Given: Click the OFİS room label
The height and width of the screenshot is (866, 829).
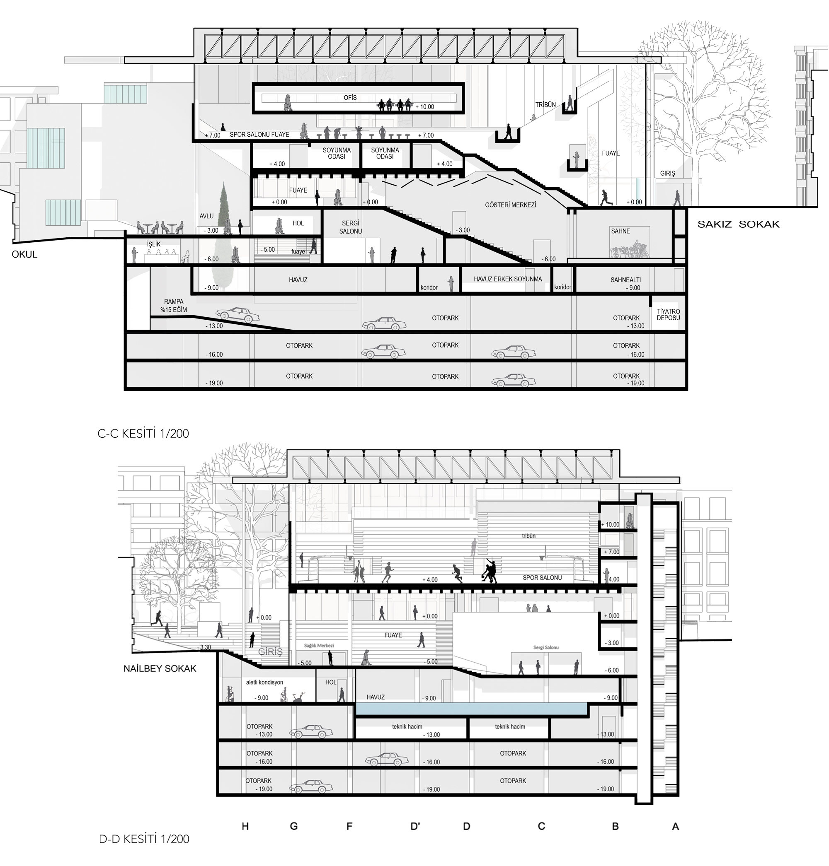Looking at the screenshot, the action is tap(350, 98).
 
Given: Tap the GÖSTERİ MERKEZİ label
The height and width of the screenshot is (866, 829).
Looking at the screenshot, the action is tap(510, 205).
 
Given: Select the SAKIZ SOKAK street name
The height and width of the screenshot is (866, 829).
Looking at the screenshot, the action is tap(738, 224).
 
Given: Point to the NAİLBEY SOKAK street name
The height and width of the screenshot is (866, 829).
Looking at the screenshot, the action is tap(160, 668).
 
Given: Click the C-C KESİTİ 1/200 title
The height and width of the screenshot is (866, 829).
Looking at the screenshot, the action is tap(143, 434).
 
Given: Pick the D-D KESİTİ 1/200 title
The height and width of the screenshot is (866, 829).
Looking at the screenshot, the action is tap(144, 839).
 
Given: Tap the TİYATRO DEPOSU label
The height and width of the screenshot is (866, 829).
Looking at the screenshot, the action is tap(668, 314).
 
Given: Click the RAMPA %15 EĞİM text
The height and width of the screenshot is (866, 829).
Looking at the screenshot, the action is tap(174, 306).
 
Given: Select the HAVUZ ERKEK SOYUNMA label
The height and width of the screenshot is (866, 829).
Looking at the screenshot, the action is tap(508, 279).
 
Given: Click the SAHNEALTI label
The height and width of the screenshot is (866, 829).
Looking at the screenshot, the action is tap(626, 280).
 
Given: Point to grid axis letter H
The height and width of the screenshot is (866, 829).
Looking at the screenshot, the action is tap(245, 826).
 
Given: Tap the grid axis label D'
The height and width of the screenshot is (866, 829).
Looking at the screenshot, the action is tap(415, 826).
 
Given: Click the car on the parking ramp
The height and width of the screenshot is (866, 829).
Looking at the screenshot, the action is tap(237, 314).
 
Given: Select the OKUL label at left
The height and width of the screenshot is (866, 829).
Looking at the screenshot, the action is tap(25, 254).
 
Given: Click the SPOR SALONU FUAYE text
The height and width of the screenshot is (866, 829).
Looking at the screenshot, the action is tap(259, 135).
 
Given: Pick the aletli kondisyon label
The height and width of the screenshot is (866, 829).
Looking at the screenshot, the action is tap(265, 682).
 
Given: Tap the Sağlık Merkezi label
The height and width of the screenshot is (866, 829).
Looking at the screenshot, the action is tap(319, 646).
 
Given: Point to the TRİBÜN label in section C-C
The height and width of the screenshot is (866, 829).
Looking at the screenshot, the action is tap(546, 105).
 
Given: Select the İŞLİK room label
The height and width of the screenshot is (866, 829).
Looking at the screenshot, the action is tap(154, 244).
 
